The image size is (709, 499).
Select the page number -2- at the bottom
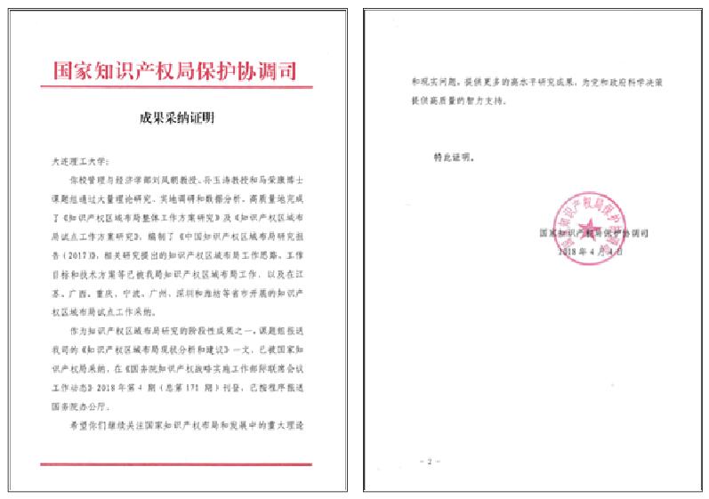429,461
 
